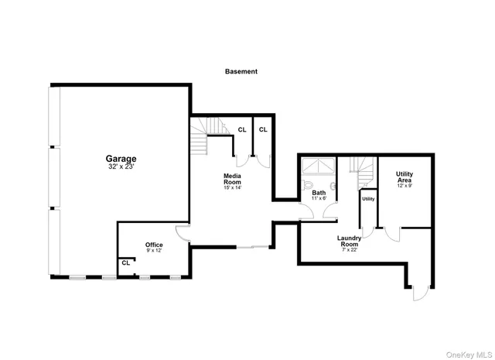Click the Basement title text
click(x=241, y=71)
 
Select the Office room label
click(x=154, y=245)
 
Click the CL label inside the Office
click(x=125, y=263)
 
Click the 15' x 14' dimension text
click(x=233, y=188)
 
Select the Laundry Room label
click(x=350, y=241)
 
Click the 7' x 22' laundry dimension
click(x=350, y=250)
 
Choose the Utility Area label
click(x=404, y=177)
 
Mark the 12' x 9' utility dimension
click(x=404, y=186)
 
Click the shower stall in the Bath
click(x=318, y=166)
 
